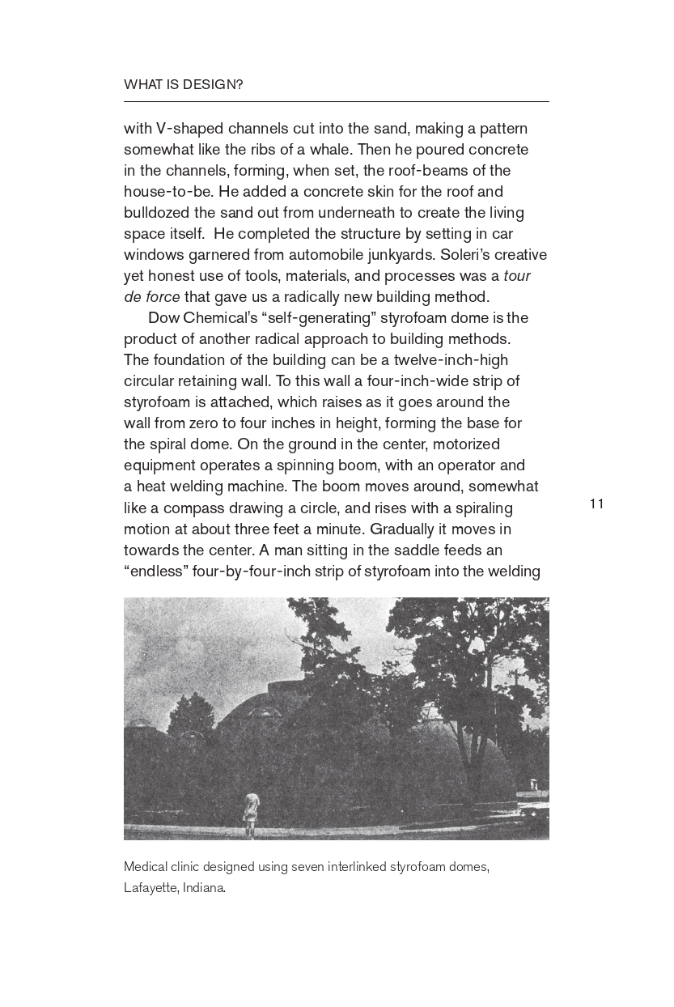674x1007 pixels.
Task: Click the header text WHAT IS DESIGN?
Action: click(x=183, y=84)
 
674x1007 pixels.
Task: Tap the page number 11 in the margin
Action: click(x=597, y=504)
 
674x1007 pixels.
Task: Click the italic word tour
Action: click(x=516, y=276)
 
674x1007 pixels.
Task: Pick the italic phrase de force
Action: click(x=152, y=297)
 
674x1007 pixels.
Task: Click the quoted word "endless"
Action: click(x=156, y=571)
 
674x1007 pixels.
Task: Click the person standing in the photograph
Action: click(x=252, y=814)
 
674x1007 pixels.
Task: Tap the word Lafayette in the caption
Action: click(x=150, y=888)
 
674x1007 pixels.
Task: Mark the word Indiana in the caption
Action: click(x=204, y=888)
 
